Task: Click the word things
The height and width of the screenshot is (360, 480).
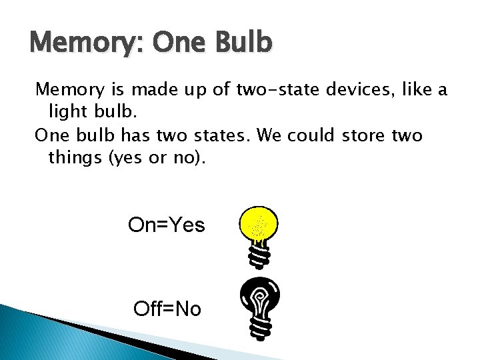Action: [x=72, y=157]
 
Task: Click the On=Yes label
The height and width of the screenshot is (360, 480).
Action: [x=166, y=225]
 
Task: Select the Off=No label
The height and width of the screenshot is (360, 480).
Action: [x=167, y=309]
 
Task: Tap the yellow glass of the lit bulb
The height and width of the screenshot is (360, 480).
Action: [x=258, y=223]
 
